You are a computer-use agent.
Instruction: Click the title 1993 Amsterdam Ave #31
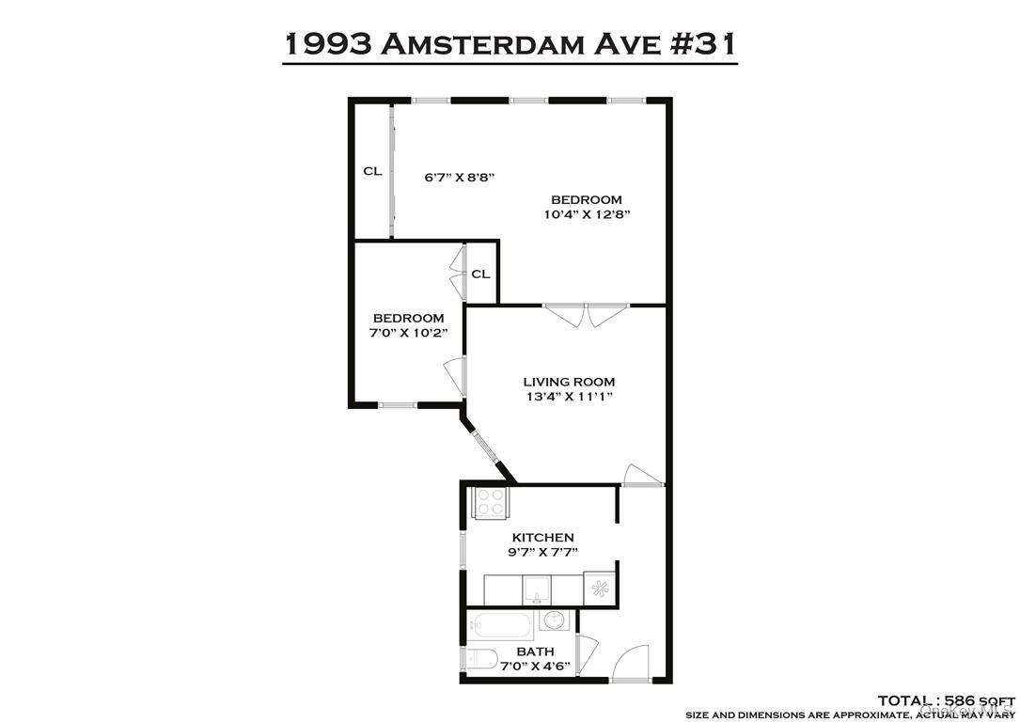click(x=510, y=42)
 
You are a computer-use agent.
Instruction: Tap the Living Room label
click(x=569, y=382)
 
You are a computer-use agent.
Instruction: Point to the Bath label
click(x=534, y=651)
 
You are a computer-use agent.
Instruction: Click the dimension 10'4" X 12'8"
click(x=586, y=214)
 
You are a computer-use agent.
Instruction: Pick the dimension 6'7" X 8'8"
click(x=459, y=177)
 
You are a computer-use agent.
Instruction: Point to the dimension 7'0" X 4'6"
click(x=534, y=666)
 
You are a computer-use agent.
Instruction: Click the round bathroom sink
click(x=555, y=621)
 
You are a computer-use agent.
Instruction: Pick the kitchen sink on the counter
click(x=537, y=589)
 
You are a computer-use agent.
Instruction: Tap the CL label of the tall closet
click(x=373, y=171)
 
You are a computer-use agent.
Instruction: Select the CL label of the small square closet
click(x=480, y=275)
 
